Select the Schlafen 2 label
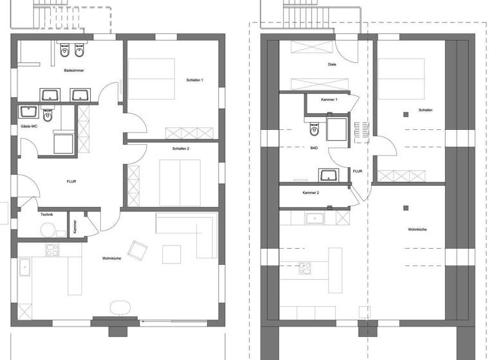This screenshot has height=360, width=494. point(180,148)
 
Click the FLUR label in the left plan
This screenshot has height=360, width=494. point(71,182)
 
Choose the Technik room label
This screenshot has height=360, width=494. point(46,214)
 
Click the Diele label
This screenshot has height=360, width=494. point(332,64)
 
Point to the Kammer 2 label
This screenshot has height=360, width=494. point(311,193)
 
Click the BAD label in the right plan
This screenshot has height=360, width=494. point(314,148)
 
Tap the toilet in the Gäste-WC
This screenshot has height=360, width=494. point(47,117)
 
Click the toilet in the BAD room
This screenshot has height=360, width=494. point(313,130)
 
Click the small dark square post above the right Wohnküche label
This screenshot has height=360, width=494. point(405,208)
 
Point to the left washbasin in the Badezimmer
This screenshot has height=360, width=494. point(50,95)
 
